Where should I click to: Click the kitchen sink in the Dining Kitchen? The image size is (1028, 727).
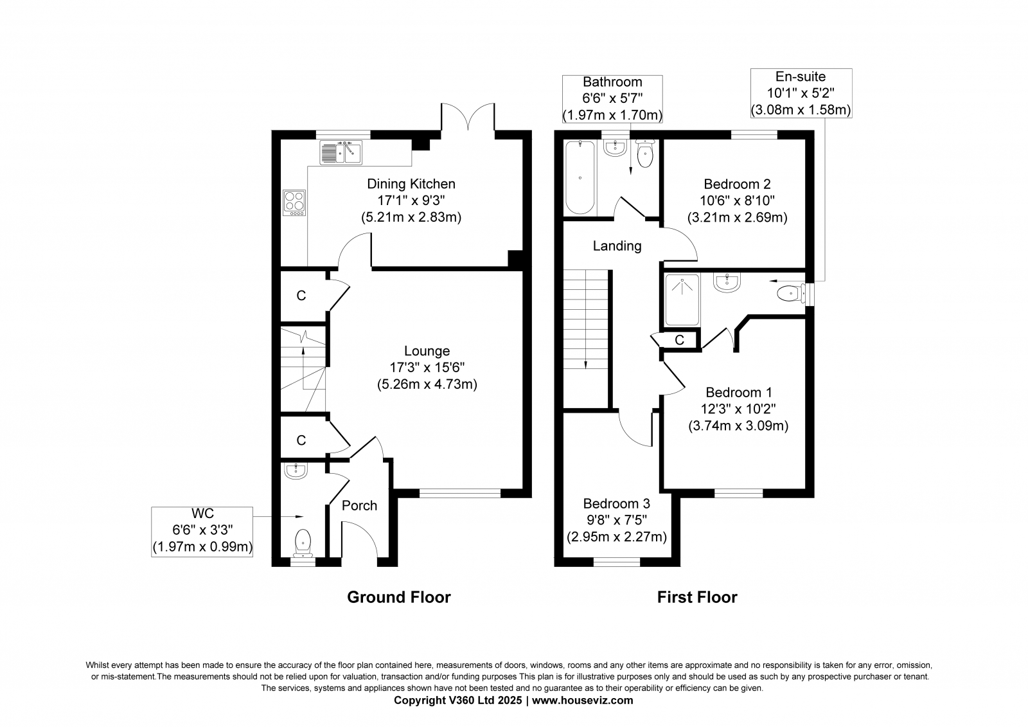point(341,152)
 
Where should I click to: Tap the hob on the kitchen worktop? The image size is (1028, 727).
point(294,202)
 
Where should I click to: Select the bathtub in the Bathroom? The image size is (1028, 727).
point(580,177)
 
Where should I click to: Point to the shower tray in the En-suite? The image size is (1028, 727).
point(682,300)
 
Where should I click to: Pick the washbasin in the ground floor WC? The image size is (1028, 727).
point(296,471)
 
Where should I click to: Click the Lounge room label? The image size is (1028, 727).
point(427,351)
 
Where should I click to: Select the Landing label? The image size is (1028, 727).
point(617,246)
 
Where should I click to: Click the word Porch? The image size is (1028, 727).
point(359,506)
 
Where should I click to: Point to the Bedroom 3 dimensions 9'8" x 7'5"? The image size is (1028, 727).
point(616,520)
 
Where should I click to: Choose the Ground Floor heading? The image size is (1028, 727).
point(399,597)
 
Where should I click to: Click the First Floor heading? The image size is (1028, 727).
point(697,597)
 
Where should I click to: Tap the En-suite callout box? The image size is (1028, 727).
point(801,93)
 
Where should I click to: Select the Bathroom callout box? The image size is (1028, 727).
point(612,99)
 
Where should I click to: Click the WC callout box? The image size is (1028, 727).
point(202,532)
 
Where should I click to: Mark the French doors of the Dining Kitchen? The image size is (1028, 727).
point(468,117)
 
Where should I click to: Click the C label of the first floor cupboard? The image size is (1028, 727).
point(679,340)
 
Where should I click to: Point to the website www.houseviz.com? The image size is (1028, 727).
point(582,701)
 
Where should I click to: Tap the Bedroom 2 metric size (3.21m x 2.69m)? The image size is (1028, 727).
point(737,217)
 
